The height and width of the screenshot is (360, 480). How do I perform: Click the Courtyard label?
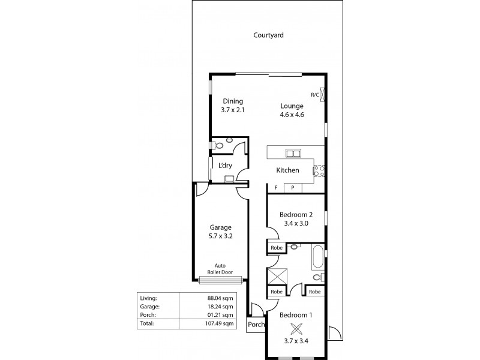click(x=268, y=35)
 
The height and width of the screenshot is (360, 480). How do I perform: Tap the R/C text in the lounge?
click(x=314, y=95)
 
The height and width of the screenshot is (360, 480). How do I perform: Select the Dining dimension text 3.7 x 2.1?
click(x=232, y=111)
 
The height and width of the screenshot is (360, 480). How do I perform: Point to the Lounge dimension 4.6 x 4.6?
click(x=292, y=115)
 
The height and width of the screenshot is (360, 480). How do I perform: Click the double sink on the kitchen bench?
click(x=292, y=152)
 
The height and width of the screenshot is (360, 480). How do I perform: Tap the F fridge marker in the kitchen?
click(x=276, y=188)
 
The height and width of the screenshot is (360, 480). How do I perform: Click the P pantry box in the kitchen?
click(x=293, y=188)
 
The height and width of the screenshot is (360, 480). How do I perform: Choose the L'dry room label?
click(x=225, y=166)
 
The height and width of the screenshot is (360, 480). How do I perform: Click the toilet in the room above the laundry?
click(x=220, y=145)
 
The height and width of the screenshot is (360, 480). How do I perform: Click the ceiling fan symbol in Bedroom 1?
click(x=295, y=329)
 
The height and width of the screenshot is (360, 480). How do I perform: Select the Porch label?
click(x=256, y=325)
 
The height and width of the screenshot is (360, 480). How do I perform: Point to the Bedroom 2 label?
click(x=296, y=215)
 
